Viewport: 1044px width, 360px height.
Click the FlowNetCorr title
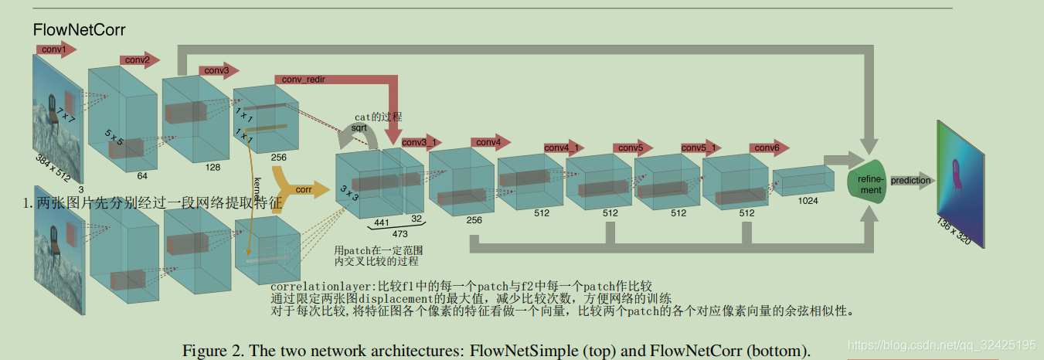(79, 30)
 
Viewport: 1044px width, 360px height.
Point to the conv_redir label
(301, 80)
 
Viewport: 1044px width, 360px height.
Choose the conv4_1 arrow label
(563, 148)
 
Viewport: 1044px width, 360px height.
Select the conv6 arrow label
(767, 148)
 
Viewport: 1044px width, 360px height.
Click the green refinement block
(869, 185)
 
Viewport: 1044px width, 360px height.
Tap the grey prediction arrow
(911, 181)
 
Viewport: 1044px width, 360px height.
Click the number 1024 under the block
(807, 201)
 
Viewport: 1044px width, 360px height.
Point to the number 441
(381, 222)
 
